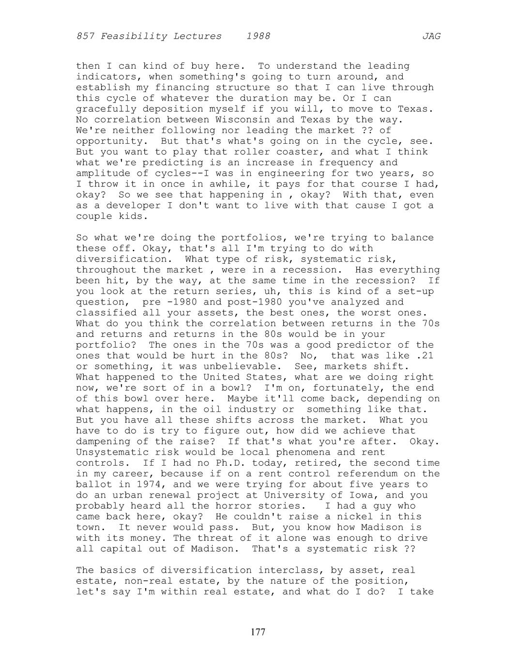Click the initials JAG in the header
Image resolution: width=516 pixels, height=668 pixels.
(x=431, y=36)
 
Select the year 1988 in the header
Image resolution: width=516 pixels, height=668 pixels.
(x=258, y=36)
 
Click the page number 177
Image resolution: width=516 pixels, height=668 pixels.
(x=258, y=632)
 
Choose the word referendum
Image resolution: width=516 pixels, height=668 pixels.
(x=364, y=473)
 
